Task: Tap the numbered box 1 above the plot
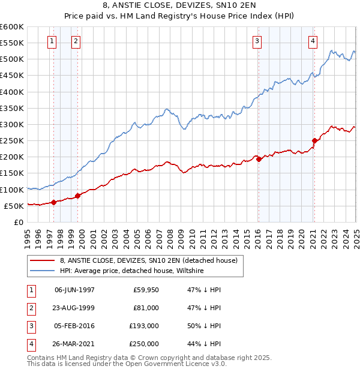tap(52, 41)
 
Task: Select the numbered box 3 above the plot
tap(257, 41)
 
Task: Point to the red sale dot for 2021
tap(314, 141)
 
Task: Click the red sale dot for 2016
tap(259, 159)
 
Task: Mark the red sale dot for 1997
tap(53, 202)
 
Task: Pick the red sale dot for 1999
tap(77, 196)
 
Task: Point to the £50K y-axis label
tap(14, 206)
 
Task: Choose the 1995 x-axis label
tap(27, 233)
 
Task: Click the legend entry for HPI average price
tap(132, 271)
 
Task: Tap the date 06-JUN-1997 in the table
tap(74, 290)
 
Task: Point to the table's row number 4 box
tap(31, 344)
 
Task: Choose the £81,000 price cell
tap(145, 308)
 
